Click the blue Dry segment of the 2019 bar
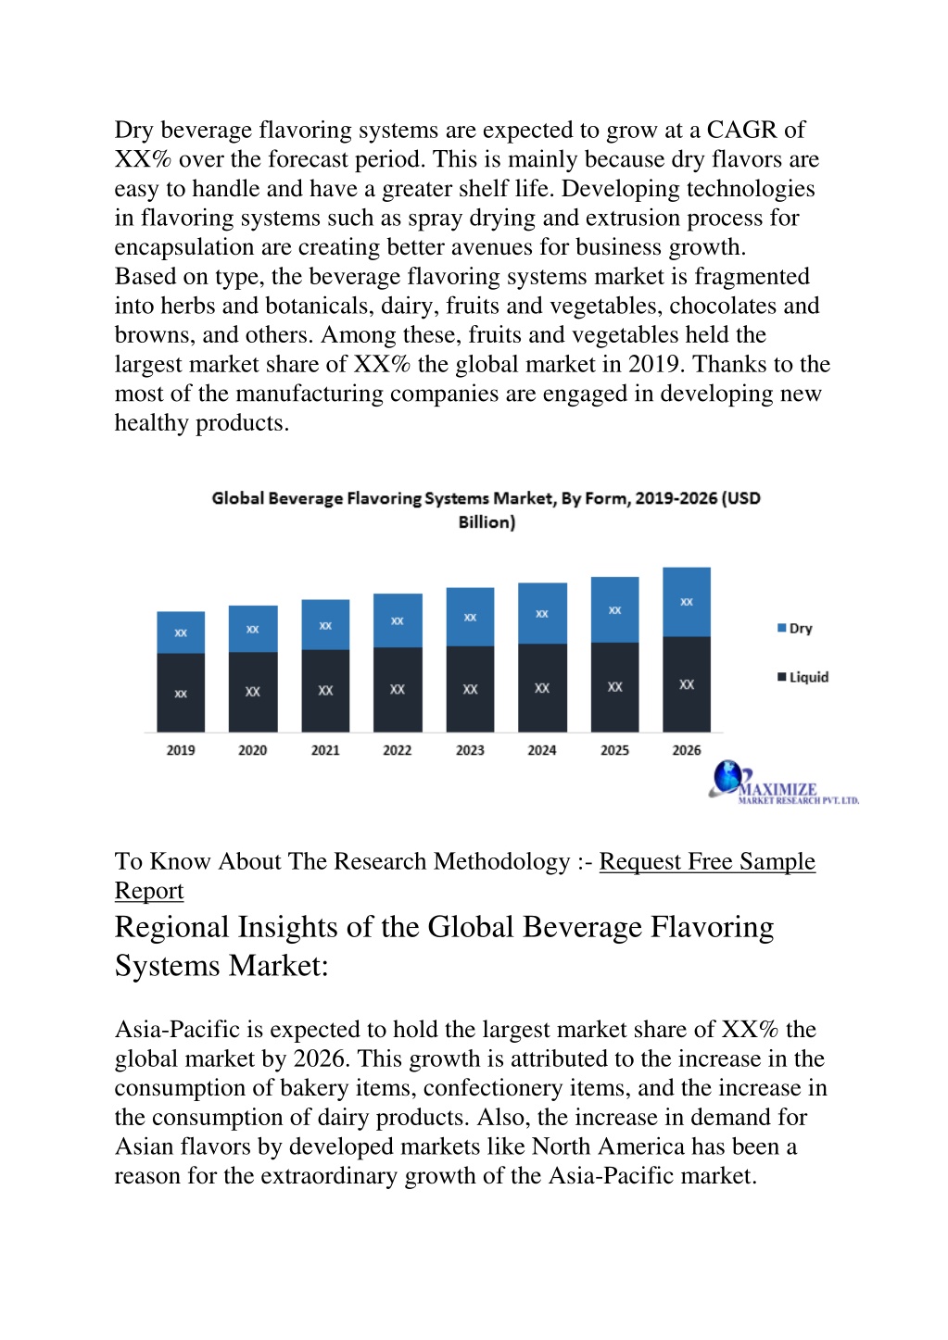(181, 632)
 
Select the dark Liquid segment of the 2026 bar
(687, 684)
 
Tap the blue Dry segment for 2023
(471, 617)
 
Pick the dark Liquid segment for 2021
(325, 691)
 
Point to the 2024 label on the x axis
(541, 750)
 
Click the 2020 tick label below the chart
(253, 750)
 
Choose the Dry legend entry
(795, 628)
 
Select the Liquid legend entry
(803, 677)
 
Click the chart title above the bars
(486, 510)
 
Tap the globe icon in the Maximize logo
(727, 776)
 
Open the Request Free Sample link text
(707, 861)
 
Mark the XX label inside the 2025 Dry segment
(614, 610)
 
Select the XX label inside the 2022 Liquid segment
(398, 689)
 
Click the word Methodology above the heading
(501, 861)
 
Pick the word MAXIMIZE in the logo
(778, 789)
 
